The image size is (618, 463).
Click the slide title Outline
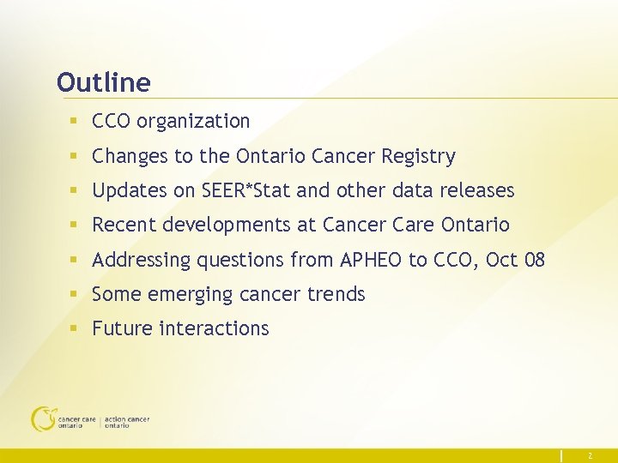[x=103, y=83]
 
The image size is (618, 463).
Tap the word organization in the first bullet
[x=193, y=122]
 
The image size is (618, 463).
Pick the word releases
[x=476, y=190]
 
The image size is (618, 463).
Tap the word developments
[x=224, y=225]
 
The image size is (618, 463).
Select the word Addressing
[x=142, y=260]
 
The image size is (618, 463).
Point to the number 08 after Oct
[x=533, y=260]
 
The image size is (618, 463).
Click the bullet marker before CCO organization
[x=76, y=122]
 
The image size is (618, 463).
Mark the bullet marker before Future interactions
[x=76, y=329]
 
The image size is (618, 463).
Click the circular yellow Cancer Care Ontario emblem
[x=43, y=418]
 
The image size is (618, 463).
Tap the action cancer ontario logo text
[x=127, y=422]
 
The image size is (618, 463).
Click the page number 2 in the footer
[x=590, y=456]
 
